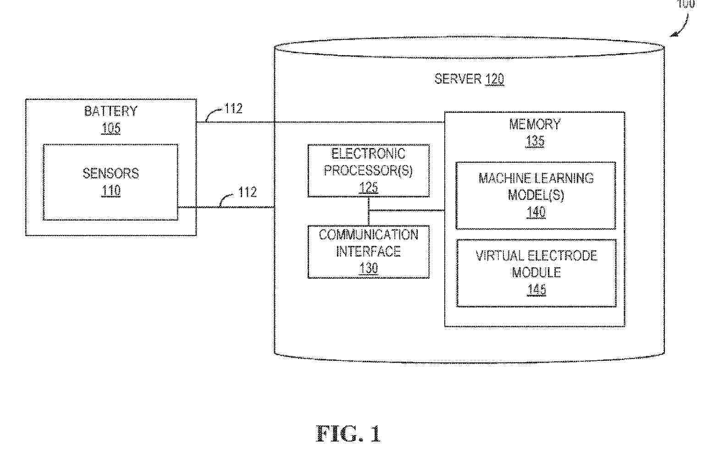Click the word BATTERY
[111, 111]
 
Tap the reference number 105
[111, 128]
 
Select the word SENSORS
[111, 173]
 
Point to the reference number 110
[111, 190]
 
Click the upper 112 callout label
[233, 109]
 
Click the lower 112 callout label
[247, 192]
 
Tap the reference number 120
[495, 79]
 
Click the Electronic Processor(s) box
[369, 171]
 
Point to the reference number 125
[369, 188]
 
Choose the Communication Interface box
[369, 251]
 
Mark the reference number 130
[369, 268]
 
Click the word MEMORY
[535, 124]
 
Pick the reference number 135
[535, 141]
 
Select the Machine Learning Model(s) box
[536, 195]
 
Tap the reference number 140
[536, 212]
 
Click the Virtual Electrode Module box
[536, 272]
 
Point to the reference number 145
[536, 289]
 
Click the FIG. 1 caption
[348, 434]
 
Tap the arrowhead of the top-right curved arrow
[673, 34]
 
